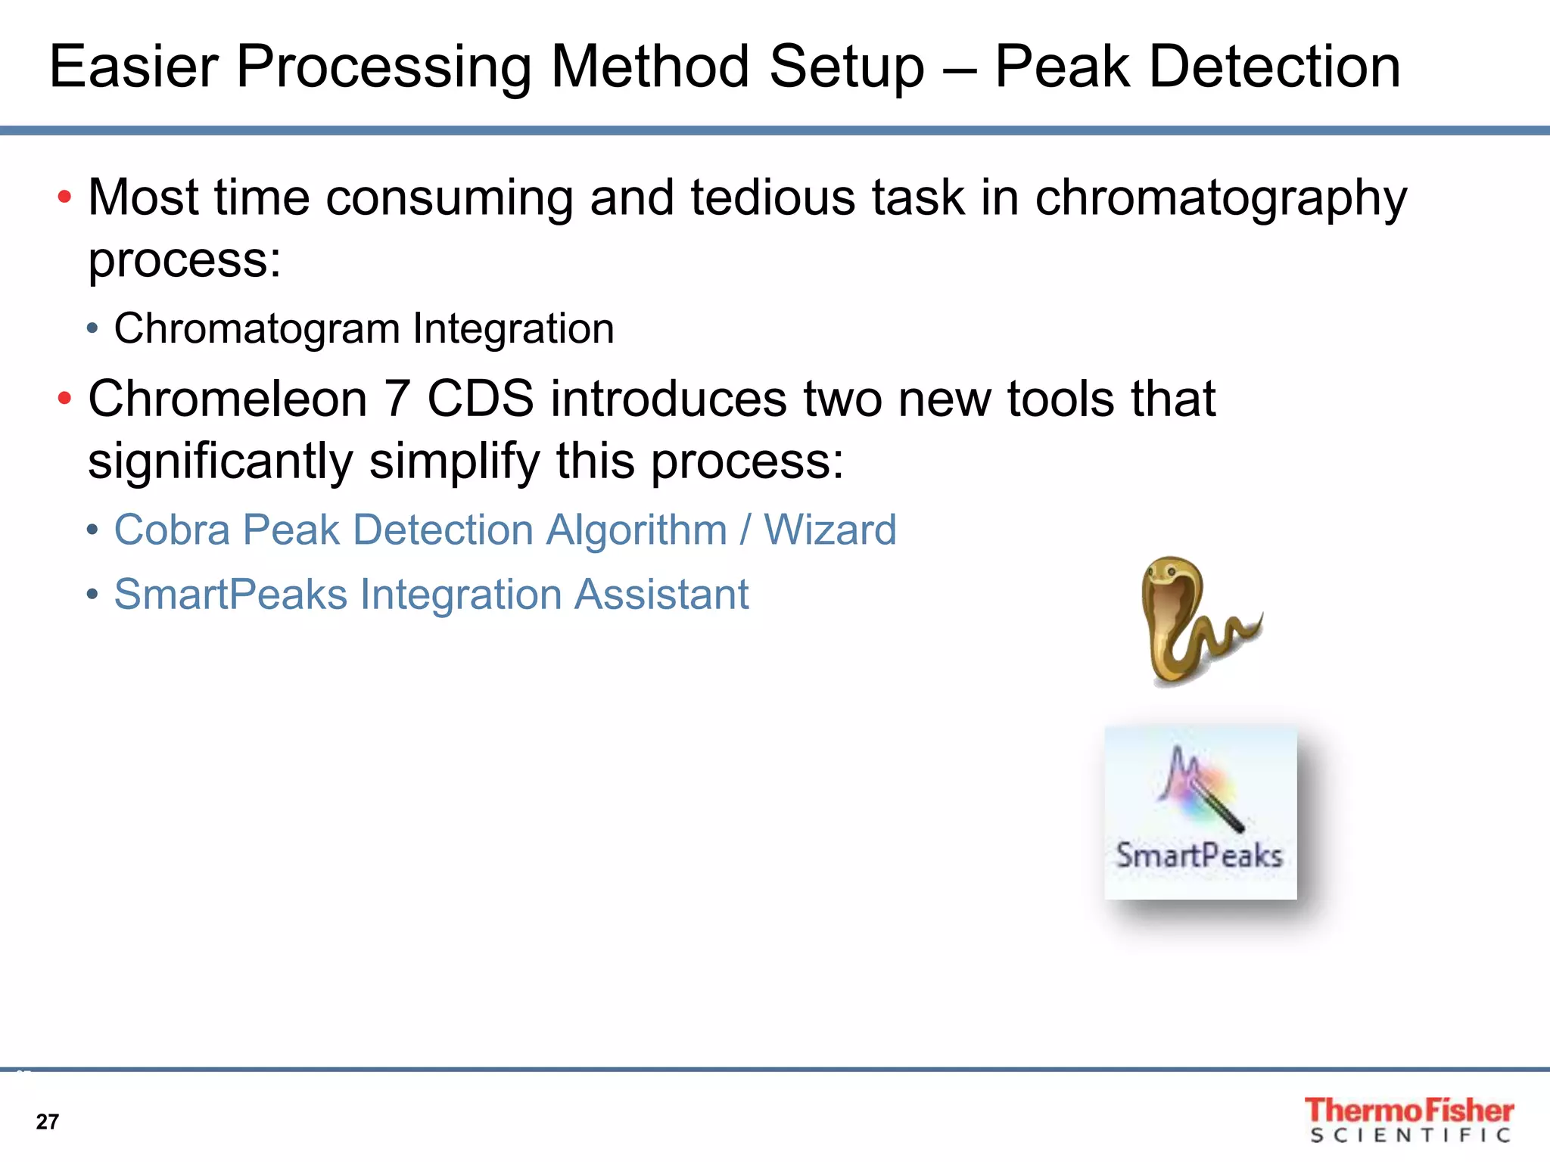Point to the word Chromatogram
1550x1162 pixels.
[x=257, y=330]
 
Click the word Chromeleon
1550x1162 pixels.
[x=227, y=399]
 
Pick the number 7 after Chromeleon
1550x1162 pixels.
[x=397, y=399]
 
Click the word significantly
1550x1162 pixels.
[x=219, y=462]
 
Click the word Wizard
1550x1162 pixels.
[x=829, y=530]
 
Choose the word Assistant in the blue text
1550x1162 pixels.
[x=661, y=595]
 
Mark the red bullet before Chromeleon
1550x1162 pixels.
[x=65, y=399]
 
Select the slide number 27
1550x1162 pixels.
[x=47, y=1122]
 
